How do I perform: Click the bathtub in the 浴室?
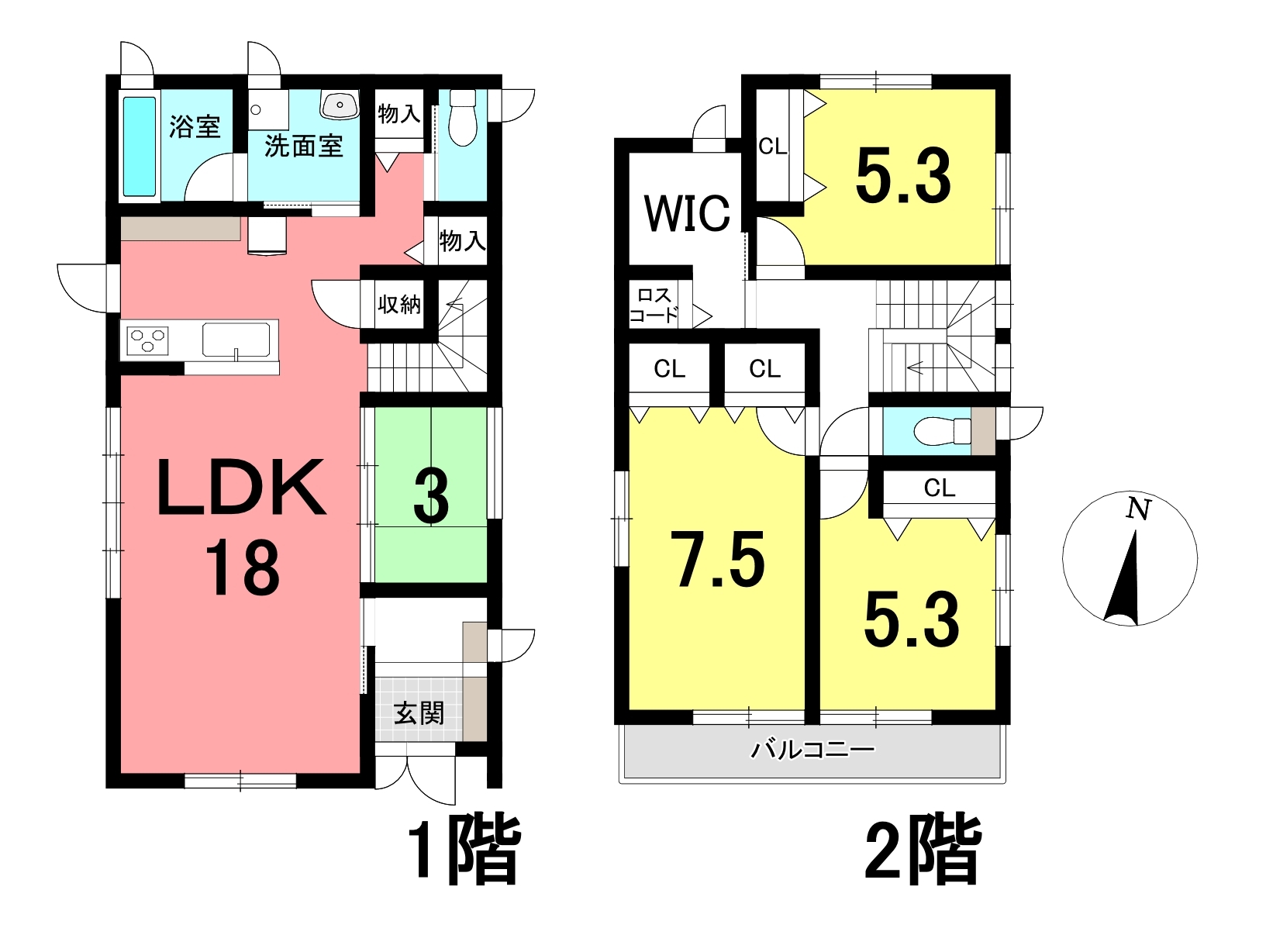(x=140, y=147)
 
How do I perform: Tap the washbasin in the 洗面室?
(x=339, y=105)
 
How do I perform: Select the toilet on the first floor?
(x=463, y=118)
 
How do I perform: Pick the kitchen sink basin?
(x=236, y=340)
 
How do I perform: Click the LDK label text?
(x=242, y=488)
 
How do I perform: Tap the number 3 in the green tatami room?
(x=431, y=498)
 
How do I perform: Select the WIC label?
(x=687, y=213)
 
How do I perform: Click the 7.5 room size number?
(x=717, y=559)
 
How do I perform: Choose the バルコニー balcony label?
(x=812, y=750)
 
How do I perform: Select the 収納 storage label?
(x=399, y=305)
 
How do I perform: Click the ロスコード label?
(x=654, y=305)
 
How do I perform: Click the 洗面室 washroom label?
(x=303, y=147)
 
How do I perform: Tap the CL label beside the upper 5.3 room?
(x=773, y=147)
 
